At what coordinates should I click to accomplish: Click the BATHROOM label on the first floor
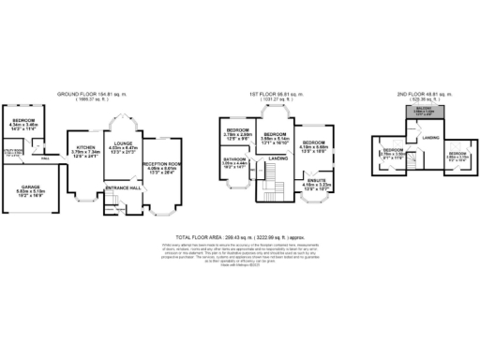click(x=234, y=160)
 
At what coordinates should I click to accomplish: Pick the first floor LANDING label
click(x=277, y=158)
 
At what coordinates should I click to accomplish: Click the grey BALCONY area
click(x=412, y=114)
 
